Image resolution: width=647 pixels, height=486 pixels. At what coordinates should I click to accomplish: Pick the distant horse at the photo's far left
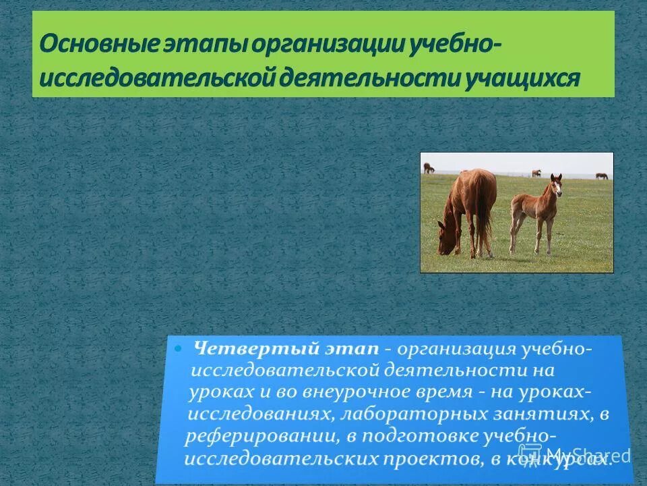(429, 168)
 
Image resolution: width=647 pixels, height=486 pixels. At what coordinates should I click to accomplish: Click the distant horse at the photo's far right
(601, 175)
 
